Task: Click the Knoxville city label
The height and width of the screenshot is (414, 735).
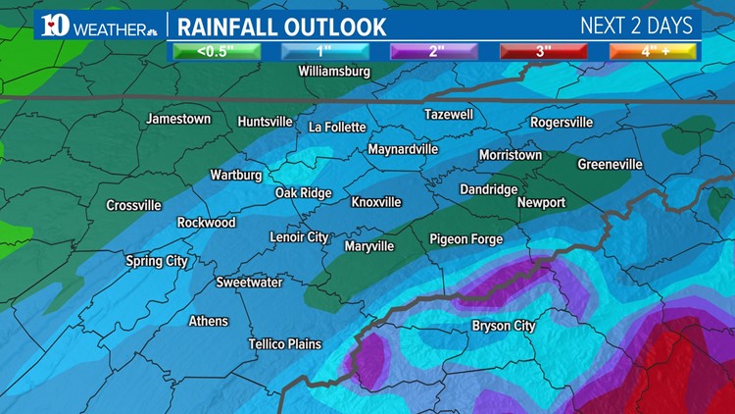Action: click(x=376, y=202)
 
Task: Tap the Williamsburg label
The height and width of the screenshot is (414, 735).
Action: click(x=334, y=72)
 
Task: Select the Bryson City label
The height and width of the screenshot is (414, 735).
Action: click(x=504, y=326)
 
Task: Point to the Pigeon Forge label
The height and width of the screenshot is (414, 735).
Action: click(x=465, y=239)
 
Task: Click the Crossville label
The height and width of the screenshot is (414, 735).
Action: click(x=133, y=206)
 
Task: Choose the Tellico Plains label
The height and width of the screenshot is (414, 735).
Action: click(x=284, y=344)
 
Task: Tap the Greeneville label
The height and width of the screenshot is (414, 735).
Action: click(x=610, y=164)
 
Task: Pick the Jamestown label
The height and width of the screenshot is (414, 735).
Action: click(x=178, y=119)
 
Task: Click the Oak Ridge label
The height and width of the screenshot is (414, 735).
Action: click(x=303, y=193)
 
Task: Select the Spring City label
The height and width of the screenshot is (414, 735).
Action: click(x=157, y=261)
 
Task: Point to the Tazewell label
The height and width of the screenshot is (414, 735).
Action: click(x=449, y=115)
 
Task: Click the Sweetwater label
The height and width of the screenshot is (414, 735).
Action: click(x=249, y=283)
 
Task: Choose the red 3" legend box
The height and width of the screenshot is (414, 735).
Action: click(x=540, y=51)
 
